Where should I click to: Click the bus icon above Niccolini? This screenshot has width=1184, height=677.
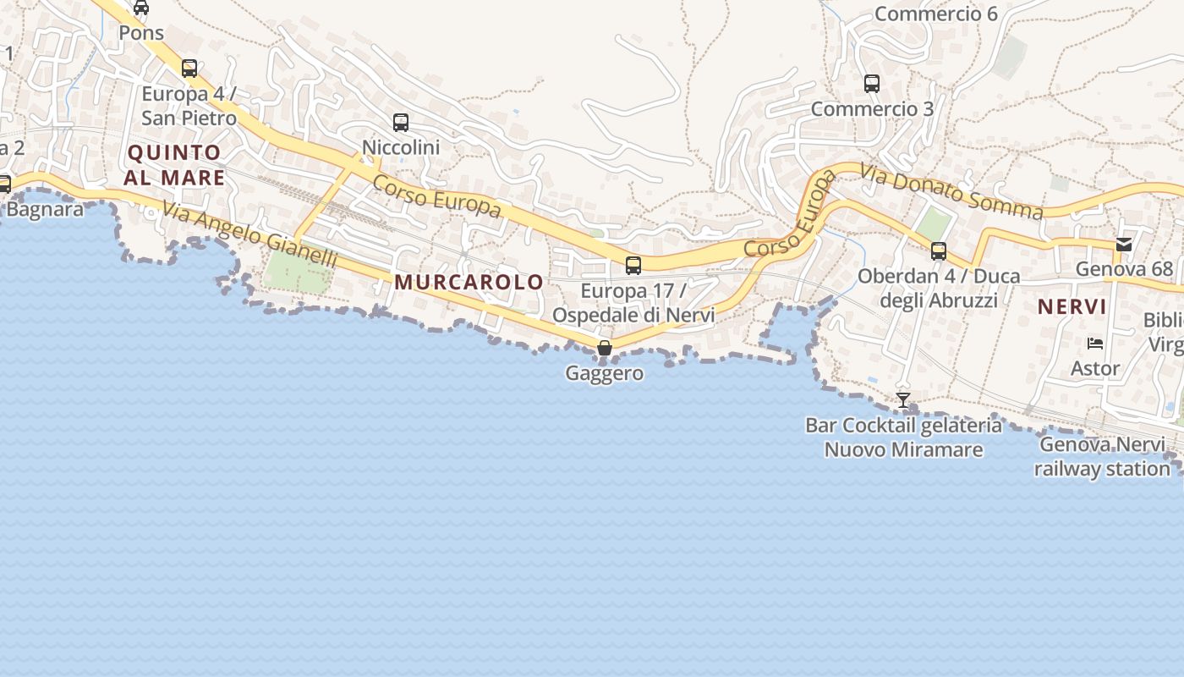coord(401,123)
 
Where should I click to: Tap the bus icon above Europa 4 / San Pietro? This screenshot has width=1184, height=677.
coord(189,69)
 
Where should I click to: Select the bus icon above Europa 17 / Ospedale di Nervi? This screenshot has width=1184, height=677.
coord(633,266)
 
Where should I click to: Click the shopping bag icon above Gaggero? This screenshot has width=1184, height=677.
coord(604,348)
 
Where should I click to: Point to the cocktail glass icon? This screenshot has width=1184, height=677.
coord(903,399)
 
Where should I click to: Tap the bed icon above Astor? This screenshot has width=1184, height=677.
coord(1095,344)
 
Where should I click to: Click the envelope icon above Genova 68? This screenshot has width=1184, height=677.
coord(1124,245)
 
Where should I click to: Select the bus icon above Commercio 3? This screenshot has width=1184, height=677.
coord(872,84)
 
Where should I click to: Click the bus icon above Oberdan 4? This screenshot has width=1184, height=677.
coord(939,251)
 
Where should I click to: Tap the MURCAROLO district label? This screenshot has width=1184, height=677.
coord(469,283)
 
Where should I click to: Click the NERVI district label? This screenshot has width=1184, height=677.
coord(1072,307)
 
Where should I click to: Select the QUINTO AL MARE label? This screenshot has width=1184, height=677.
coord(174,165)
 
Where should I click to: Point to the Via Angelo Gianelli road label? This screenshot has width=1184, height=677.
coord(249,235)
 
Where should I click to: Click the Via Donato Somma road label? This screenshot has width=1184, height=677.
coord(951,191)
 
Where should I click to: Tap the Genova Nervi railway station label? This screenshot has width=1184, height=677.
coord(1102,456)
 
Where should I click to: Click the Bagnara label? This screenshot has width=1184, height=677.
coord(44,209)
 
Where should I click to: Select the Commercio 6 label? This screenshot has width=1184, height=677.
coord(936,14)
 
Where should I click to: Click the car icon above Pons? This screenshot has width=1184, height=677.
coord(141,8)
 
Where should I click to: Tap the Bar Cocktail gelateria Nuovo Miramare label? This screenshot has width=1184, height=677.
coord(903,438)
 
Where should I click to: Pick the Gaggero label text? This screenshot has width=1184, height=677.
coord(604,373)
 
